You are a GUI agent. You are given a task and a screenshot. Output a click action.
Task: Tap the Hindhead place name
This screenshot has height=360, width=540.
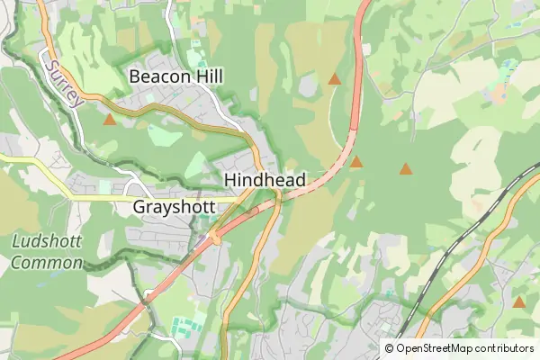pyautogui.click(x=265, y=180)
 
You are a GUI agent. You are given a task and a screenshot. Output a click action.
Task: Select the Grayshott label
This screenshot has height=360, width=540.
pyautogui.click(x=175, y=207)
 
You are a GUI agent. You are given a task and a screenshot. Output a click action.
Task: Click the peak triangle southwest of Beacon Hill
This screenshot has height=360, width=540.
pyautogui.click(x=110, y=119)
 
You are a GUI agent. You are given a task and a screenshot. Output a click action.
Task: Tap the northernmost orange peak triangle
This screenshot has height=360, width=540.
pyautogui.click(x=335, y=79)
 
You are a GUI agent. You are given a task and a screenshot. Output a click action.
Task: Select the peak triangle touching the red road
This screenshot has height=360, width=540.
pyautogui.click(x=356, y=163)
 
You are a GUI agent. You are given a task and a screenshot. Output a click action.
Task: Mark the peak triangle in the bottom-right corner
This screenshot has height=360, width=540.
pyautogui.click(x=519, y=301)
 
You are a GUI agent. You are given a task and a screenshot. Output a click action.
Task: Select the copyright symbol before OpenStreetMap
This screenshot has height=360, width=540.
pyautogui.click(x=389, y=347)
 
